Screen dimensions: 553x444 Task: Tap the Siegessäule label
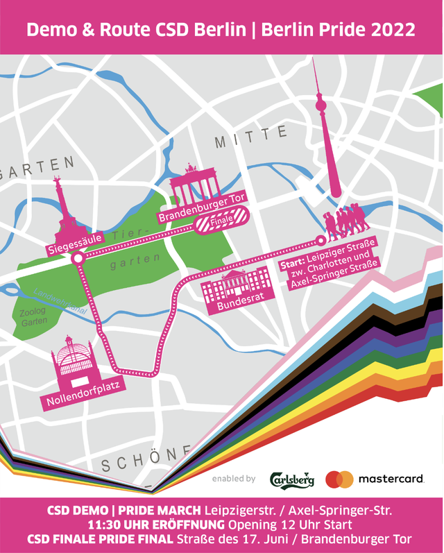pyautogui.click(x=76, y=243)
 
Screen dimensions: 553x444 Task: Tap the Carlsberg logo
pyautogui.click(x=292, y=479)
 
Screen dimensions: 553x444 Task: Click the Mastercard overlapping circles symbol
pyautogui.click(x=339, y=479)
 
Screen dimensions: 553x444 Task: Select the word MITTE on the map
pyautogui.click(x=250, y=138)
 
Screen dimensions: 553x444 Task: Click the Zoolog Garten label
pyautogui.click(x=34, y=318)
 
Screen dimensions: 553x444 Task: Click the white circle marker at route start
pyautogui.click(x=320, y=241)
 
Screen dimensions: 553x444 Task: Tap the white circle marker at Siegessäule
pyautogui.click(x=78, y=258)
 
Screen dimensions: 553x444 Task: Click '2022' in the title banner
pyautogui.click(x=393, y=30)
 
